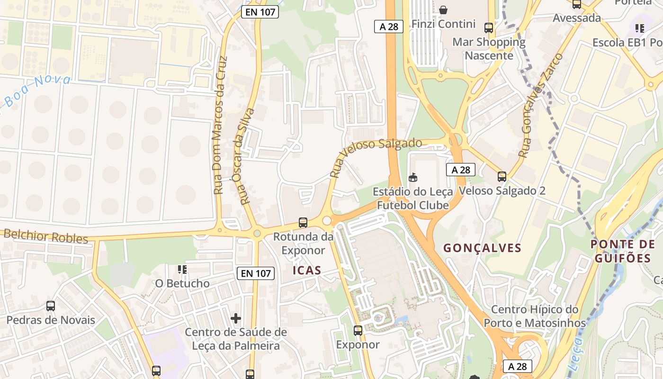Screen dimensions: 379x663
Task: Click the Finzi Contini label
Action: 443,24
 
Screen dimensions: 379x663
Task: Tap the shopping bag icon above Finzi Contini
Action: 443,9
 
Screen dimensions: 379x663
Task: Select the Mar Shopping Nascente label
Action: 489,49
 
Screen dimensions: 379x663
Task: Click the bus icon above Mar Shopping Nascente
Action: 489,28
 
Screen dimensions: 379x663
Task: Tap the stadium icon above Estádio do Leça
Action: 413,178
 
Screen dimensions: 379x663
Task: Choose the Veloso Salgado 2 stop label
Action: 502,191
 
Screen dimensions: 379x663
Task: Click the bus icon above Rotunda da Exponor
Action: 303,222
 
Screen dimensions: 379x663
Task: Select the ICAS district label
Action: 307,271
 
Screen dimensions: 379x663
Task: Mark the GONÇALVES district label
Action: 482,248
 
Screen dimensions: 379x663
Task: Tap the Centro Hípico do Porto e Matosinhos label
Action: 535,316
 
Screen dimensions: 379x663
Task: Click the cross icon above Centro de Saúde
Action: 236,318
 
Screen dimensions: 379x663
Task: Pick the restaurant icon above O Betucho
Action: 182,270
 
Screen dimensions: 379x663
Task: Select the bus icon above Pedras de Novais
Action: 51,306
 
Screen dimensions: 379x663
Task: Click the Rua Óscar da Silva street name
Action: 247,156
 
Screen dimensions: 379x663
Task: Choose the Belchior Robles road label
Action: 45,235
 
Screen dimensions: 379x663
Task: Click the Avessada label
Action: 577,18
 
